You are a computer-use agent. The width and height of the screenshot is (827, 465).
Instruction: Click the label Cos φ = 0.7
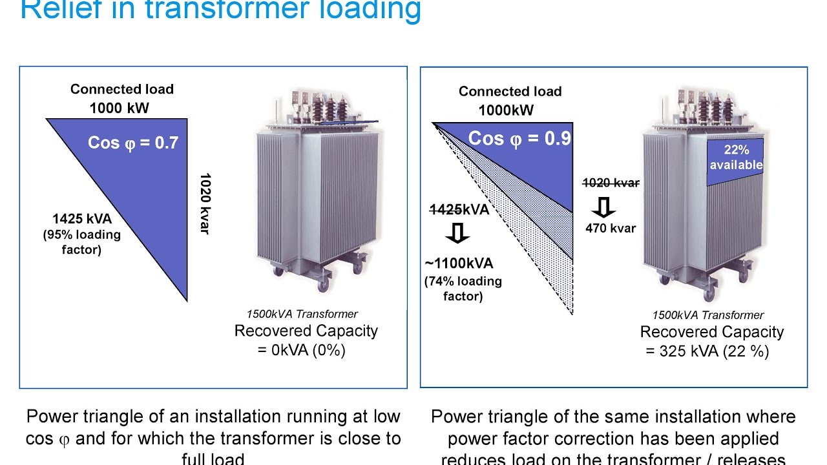click(x=132, y=143)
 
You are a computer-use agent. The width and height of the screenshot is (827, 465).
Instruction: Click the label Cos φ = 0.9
click(x=519, y=139)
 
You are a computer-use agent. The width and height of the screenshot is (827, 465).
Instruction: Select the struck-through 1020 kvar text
click(x=611, y=183)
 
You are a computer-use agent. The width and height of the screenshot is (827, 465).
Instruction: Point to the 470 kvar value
click(x=611, y=228)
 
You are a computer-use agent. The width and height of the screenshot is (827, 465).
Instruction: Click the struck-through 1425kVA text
click(x=459, y=209)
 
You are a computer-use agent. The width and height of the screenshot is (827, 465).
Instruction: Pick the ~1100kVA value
click(x=459, y=263)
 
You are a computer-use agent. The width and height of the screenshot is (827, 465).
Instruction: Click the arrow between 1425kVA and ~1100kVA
click(x=458, y=234)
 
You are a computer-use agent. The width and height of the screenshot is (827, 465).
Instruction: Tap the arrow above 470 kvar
click(x=604, y=207)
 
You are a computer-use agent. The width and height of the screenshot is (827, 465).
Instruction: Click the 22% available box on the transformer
click(x=736, y=158)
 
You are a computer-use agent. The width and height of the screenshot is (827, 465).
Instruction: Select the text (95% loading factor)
click(x=81, y=242)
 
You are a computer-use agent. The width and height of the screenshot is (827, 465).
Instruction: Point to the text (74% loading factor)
click(x=463, y=289)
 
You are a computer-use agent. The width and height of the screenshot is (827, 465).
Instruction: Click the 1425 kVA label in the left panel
click(x=82, y=219)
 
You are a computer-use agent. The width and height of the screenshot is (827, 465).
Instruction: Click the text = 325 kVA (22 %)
click(x=707, y=351)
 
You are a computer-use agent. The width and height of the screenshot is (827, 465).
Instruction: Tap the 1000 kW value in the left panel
click(x=119, y=108)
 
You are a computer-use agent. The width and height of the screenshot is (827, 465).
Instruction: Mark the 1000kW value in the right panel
click(x=506, y=110)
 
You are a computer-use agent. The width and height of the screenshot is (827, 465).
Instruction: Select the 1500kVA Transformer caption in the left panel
click(x=302, y=315)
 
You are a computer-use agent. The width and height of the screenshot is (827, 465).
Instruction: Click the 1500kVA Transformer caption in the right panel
click(x=707, y=315)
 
